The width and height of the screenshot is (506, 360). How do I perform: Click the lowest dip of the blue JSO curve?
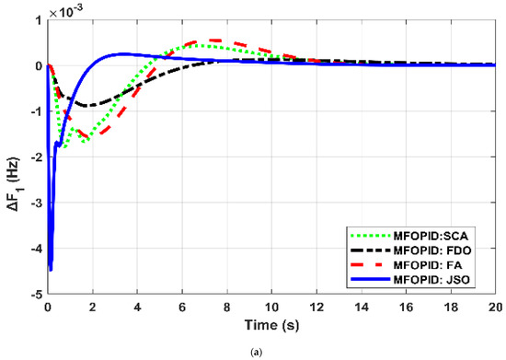[x=51, y=270]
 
